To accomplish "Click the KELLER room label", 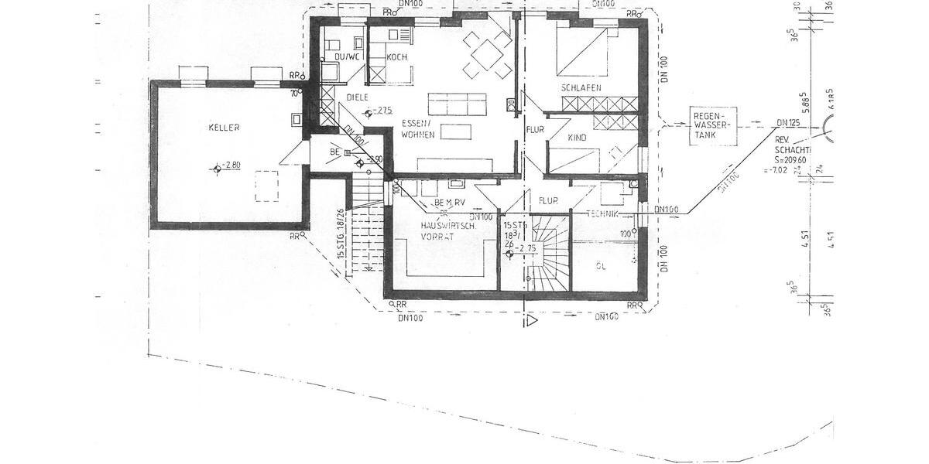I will click(224, 128).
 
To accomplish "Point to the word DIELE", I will click(357, 97).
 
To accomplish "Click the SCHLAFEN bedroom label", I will click(581, 88).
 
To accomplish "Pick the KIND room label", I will click(578, 138).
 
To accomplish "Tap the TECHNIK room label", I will click(604, 213).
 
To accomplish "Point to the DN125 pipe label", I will click(788, 123).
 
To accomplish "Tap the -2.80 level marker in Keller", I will click(231, 165).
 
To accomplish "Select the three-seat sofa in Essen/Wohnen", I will click(457, 103).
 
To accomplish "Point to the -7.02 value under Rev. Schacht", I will click(776, 170).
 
